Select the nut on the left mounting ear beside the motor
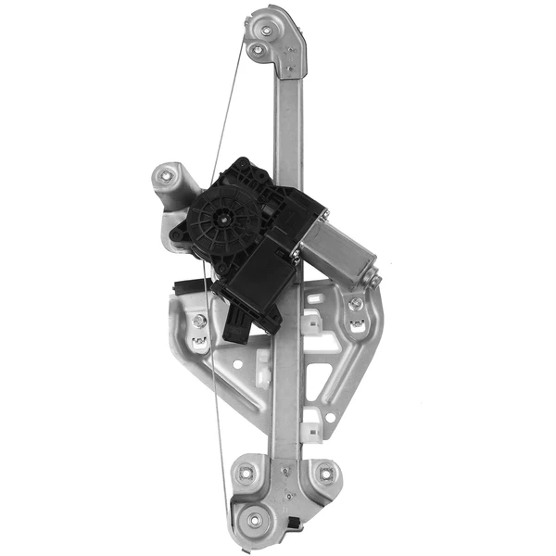pyautogui.click(x=168, y=173)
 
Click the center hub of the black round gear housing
pyautogui.click(x=224, y=220)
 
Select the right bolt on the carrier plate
pyautogui.click(x=354, y=304)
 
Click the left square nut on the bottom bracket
pyautogui.click(x=246, y=474)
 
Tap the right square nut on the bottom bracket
pyautogui.click(x=324, y=474)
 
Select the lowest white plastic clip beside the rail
pyautogui.click(x=309, y=427)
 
